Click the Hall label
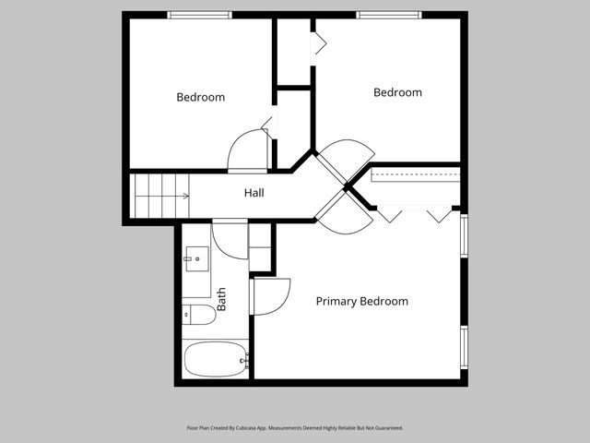[x=254, y=193]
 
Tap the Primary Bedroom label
[x=362, y=302]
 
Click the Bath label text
[x=221, y=299]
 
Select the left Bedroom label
[x=201, y=97]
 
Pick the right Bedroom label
[x=397, y=92]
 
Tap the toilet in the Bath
[x=199, y=315]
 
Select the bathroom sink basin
[x=197, y=258]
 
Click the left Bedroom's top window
[x=199, y=15]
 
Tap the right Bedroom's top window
[x=389, y=15]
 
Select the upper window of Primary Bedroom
[x=465, y=236]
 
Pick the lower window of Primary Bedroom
[x=465, y=347]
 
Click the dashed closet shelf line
[x=416, y=175]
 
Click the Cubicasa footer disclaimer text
[x=295, y=428]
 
